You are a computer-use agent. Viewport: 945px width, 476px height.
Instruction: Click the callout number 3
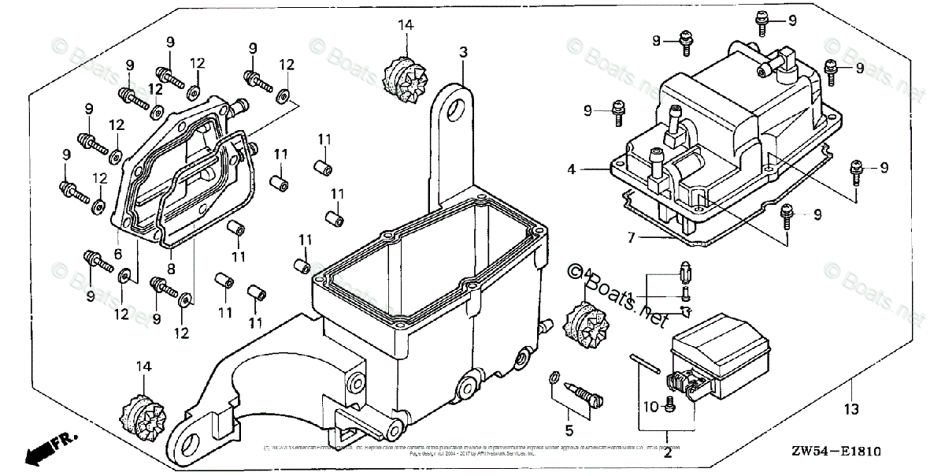tap(464, 53)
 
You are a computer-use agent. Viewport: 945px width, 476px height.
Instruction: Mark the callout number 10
tap(650, 406)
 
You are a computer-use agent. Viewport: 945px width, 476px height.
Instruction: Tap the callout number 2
tap(667, 452)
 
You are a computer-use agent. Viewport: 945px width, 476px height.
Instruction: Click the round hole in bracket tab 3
tap(452, 113)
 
